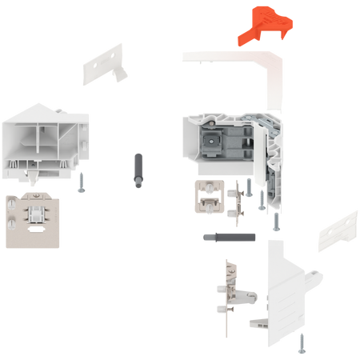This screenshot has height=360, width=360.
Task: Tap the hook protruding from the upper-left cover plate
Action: (121, 73)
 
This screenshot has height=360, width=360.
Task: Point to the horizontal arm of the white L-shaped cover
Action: (224, 56)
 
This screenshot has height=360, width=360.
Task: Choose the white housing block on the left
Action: (44, 140)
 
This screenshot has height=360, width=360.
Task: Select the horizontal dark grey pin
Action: (228, 237)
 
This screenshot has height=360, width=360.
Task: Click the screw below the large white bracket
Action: (300, 343)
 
